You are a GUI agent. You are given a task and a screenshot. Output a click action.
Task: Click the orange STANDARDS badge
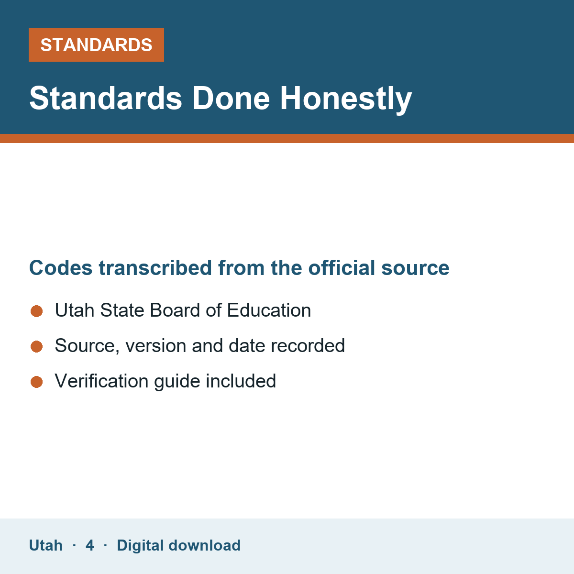(x=96, y=44)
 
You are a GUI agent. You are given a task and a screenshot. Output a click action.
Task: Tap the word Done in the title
(x=231, y=99)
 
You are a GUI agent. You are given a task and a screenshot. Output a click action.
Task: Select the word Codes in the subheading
(x=61, y=268)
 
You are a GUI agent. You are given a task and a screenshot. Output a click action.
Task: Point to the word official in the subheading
(x=342, y=267)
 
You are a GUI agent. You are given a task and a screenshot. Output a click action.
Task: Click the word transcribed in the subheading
(x=155, y=267)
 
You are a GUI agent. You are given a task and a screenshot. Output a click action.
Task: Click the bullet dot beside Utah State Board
(x=37, y=311)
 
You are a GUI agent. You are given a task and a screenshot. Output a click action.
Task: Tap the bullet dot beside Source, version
(x=37, y=347)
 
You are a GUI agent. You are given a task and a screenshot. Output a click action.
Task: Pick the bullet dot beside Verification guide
(x=37, y=382)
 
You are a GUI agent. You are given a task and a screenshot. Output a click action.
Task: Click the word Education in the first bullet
(x=269, y=310)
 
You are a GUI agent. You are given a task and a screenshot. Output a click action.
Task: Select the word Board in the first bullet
(x=175, y=310)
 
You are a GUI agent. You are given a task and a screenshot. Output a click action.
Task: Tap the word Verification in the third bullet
(x=101, y=381)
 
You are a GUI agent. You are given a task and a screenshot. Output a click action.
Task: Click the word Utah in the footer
(x=45, y=546)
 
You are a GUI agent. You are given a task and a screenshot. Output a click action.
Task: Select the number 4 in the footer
(x=89, y=546)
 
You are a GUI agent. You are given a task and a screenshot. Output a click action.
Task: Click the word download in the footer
(x=204, y=545)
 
